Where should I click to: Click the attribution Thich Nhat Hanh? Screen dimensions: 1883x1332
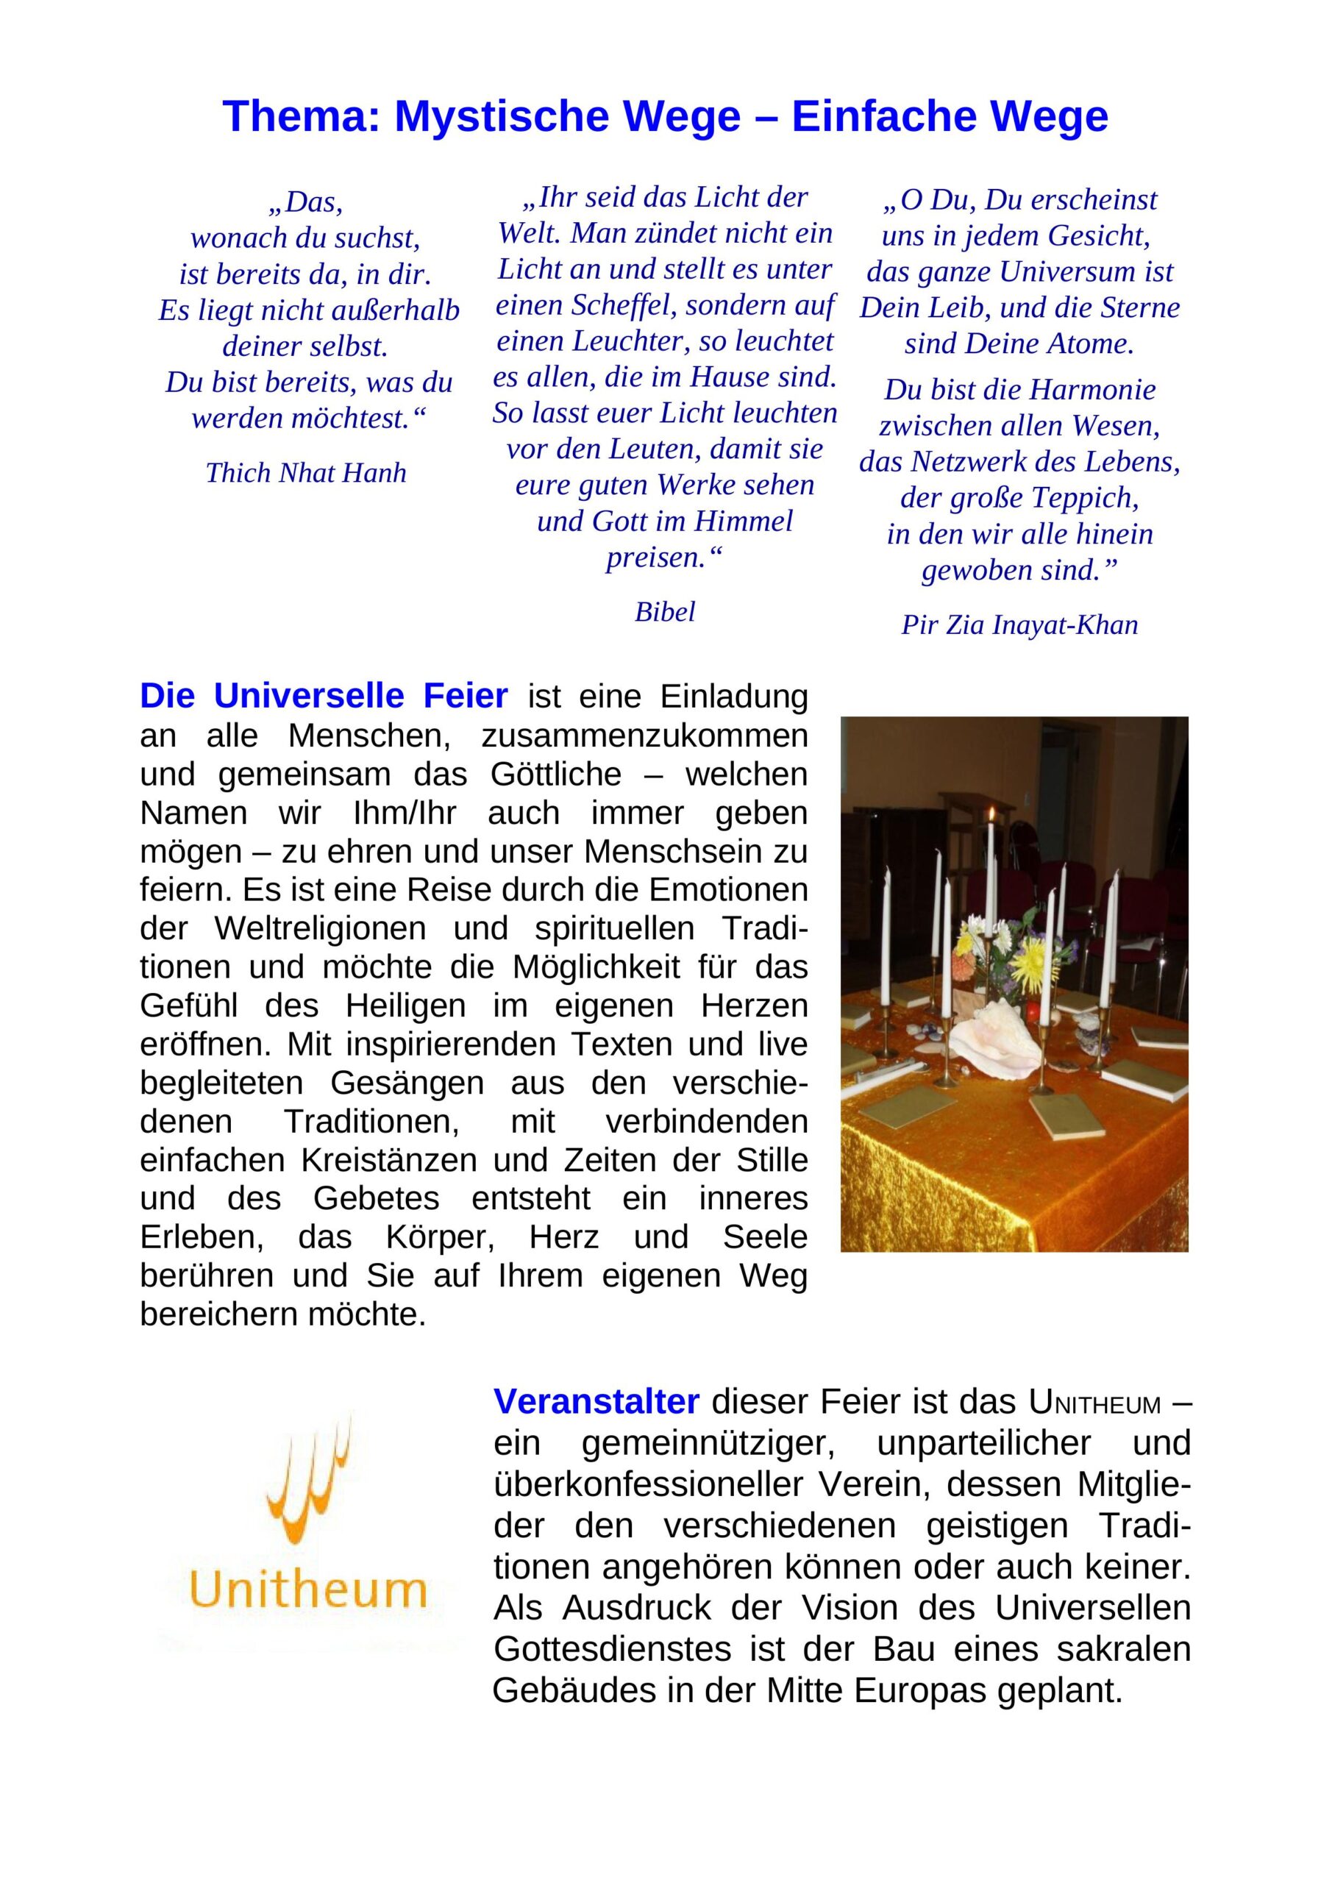pyautogui.click(x=306, y=473)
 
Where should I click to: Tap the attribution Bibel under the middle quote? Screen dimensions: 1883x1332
pyautogui.click(x=664, y=611)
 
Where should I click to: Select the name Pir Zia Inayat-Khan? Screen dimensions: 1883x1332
pyautogui.click(x=1019, y=625)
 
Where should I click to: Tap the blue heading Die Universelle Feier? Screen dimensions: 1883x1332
pyautogui.click(x=324, y=697)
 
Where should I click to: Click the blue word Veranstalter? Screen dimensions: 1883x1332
pyautogui.click(x=596, y=1402)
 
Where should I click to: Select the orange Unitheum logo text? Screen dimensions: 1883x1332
pyautogui.click(x=308, y=1590)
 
